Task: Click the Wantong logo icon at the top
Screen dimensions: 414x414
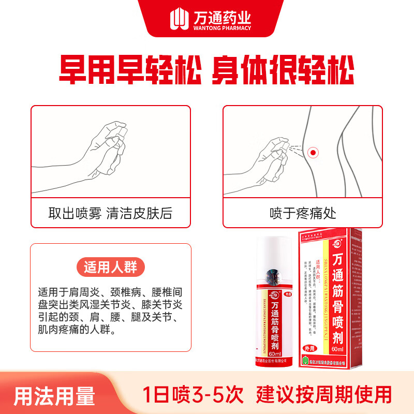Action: (x=178, y=19)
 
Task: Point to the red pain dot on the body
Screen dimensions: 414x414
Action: (x=312, y=152)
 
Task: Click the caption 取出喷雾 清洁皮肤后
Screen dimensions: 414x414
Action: (x=110, y=213)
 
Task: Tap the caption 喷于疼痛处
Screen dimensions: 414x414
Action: (x=303, y=213)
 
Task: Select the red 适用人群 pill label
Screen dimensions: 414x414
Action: (x=111, y=268)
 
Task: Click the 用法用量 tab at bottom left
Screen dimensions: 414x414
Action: (x=54, y=396)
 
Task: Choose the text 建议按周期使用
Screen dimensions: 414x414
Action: (x=324, y=395)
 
